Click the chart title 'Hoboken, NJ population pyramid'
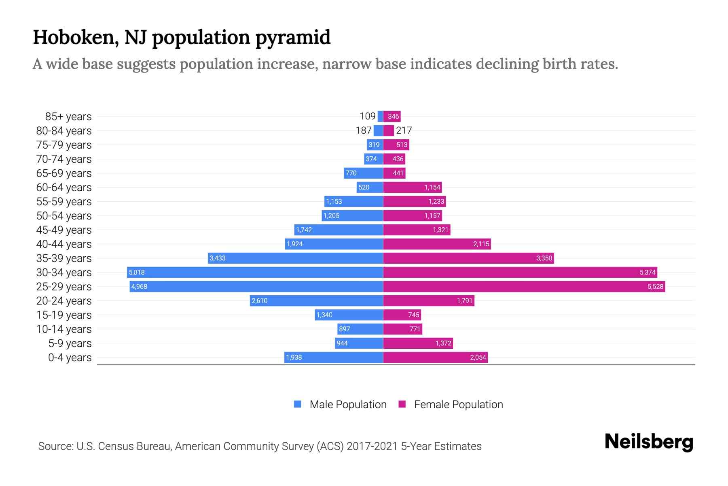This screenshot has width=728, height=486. (182, 37)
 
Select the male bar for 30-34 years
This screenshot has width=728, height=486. (255, 272)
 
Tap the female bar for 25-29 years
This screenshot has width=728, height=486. (524, 286)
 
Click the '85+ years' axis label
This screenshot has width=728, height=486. (68, 117)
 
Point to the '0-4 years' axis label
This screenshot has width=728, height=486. (70, 358)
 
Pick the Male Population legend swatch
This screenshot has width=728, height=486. (298, 404)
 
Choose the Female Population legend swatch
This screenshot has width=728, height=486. (402, 404)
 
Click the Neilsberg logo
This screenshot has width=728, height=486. (649, 441)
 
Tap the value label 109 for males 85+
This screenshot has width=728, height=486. (368, 116)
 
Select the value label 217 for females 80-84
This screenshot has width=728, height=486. (404, 130)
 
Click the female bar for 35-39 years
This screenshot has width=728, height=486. (468, 258)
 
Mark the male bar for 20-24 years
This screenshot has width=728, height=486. (316, 301)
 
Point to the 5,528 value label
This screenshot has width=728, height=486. (655, 287)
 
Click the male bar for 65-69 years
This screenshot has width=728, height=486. (363, 173)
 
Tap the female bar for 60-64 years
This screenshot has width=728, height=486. (413, 187)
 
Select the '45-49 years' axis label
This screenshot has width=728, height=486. (64, 230)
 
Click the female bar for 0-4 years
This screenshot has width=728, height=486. (435, 357)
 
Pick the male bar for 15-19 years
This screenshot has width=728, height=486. (349, 315)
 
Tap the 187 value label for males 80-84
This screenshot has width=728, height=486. (364, 130)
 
